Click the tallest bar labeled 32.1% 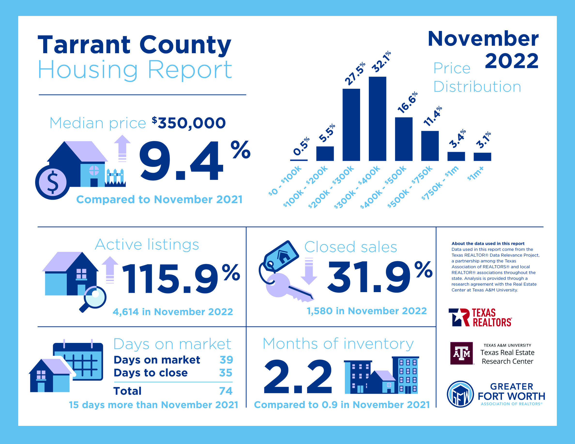click(x=377, y=119)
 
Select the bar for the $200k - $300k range click(x=351, y=125)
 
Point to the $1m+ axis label click(x=476, y=174)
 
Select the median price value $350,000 click(x=189, y=123)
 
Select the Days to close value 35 click(x=226, y=373)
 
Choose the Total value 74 click(x=226, y=391)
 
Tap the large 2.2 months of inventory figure click(x=298, y=377)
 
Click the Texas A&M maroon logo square click(x=462, y=353)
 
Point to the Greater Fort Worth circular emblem click(x=460, y=394)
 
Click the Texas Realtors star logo click(x=459, y=318)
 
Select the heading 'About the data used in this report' click(x=488, y=244)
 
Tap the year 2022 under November click(x=512, y=61)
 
